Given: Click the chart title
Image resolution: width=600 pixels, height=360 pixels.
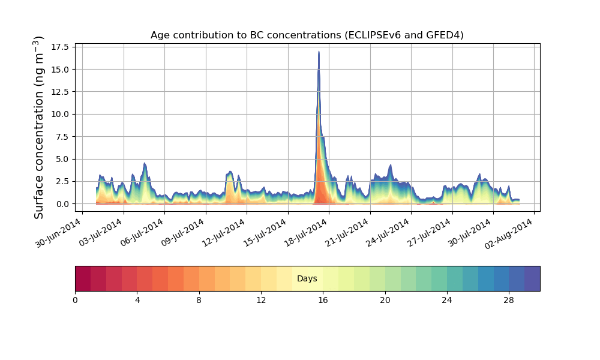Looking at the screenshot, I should (x=307, y=35).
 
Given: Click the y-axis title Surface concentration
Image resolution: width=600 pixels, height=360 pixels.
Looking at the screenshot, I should (x=39, y=127).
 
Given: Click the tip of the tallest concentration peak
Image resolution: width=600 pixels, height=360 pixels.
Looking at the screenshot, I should (x=319, y=52).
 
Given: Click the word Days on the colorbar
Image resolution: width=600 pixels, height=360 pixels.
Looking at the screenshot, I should (x=307, y=278).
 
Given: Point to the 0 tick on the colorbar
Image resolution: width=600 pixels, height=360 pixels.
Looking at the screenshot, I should (x=75, y=299).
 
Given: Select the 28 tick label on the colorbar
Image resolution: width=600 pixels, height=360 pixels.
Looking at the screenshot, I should (x=509, y=299).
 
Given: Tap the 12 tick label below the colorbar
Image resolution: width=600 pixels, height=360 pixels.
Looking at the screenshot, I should (x=261, y=299).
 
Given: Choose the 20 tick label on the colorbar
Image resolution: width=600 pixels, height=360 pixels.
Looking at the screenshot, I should (x=385, y=299).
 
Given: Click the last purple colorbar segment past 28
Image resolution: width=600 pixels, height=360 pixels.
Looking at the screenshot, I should (x=532, y=278).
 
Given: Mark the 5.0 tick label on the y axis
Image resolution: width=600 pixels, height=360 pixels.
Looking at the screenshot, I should (x=61, y=159).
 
